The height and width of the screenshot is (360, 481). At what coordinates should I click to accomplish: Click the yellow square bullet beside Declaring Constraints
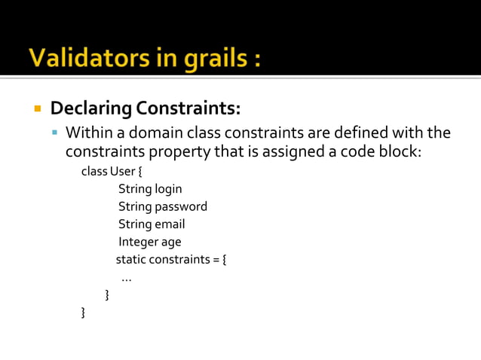tap(36, 108)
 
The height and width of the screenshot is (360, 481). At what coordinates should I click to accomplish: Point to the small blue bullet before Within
tap(54, 133)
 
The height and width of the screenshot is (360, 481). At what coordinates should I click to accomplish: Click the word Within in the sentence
tap(88, 133)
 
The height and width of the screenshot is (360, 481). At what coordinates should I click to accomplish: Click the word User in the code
tap(124, 171)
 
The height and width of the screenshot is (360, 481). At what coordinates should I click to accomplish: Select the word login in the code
tap(168, 188)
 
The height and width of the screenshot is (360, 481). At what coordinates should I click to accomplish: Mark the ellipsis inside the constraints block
tap(127, 278)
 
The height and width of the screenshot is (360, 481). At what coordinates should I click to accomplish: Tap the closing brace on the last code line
tap(83, 312)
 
